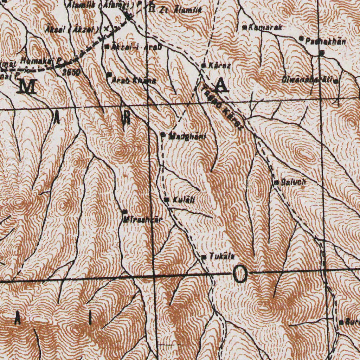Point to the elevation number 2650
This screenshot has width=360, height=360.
tap(72, 72)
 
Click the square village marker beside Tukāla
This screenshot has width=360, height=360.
tap(204, 257)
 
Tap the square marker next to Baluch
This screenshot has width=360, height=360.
tap(277, 182)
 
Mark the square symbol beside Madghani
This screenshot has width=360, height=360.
tap(163, 134)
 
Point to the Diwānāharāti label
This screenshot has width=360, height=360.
tap(307, 80)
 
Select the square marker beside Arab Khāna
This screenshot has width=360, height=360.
tap(109, 75)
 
